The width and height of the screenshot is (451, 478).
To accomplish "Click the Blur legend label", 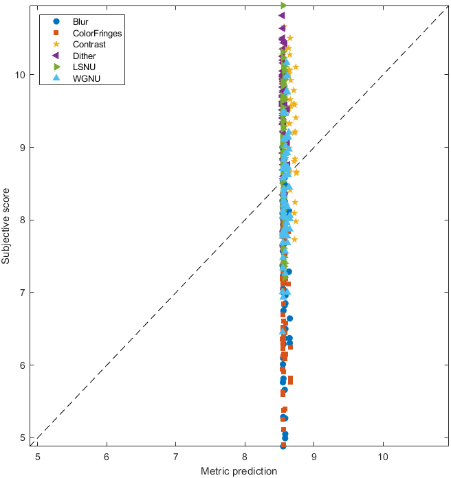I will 80,21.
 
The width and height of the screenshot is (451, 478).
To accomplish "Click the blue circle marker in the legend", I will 56,21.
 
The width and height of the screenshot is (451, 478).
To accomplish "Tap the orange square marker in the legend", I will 56,33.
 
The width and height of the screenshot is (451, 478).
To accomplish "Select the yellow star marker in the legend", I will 56,45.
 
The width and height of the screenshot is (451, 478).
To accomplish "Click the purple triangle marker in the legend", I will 56,56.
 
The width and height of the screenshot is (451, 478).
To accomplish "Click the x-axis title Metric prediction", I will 239,471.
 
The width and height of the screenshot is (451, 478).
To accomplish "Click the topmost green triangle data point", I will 283,5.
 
